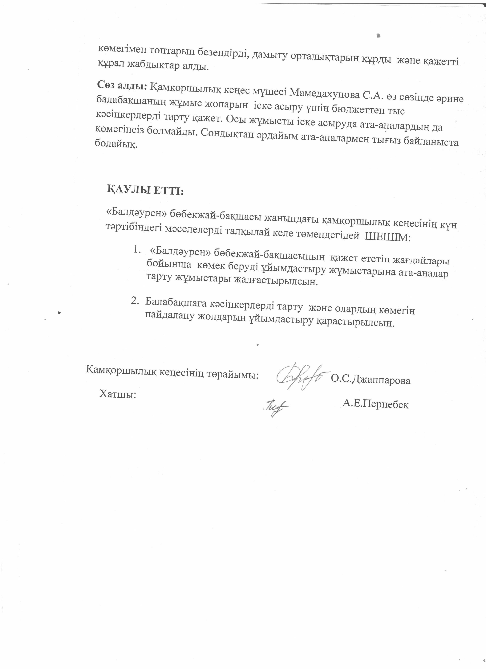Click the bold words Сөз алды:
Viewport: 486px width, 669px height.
(122, 86)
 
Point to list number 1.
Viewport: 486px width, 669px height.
(136, 250)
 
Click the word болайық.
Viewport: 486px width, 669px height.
(116, 145)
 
